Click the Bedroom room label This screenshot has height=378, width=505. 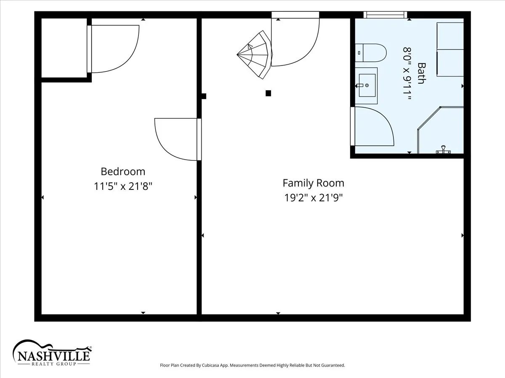pyautogui.click(x=123, y=172)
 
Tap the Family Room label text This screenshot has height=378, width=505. pyautogui.click(x=314, y=183)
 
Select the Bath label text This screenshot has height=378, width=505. pyautogui.click(x=422, y=73)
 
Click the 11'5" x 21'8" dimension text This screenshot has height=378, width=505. pyautogui.click(x=123, y=186)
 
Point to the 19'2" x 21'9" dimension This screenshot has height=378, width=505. pyautogui.click(x=314, y=197)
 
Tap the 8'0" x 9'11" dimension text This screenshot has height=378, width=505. pyautogui.click(x=407, y=73)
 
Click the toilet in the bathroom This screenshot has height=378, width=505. pyautogui.click(x=371, y=53)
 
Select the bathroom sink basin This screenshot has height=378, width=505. pyautogui.click(x=367, y=85)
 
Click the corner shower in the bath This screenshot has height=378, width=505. pyautogui.click(x=441, y=130)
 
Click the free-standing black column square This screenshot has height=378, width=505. pyautogui.click(x=268, y=93)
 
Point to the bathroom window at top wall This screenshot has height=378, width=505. pyautogui.click(x=385, y=15)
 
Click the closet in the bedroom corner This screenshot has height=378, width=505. pyautogui.click(x=64, y=48)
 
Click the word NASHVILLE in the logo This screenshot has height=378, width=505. pyautogui.click(x=53, y=356)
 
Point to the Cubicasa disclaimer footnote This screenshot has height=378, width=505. pyautogui.click(x=252, y=365)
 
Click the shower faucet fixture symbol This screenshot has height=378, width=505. pyautogui.click(x=443, y=150)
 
